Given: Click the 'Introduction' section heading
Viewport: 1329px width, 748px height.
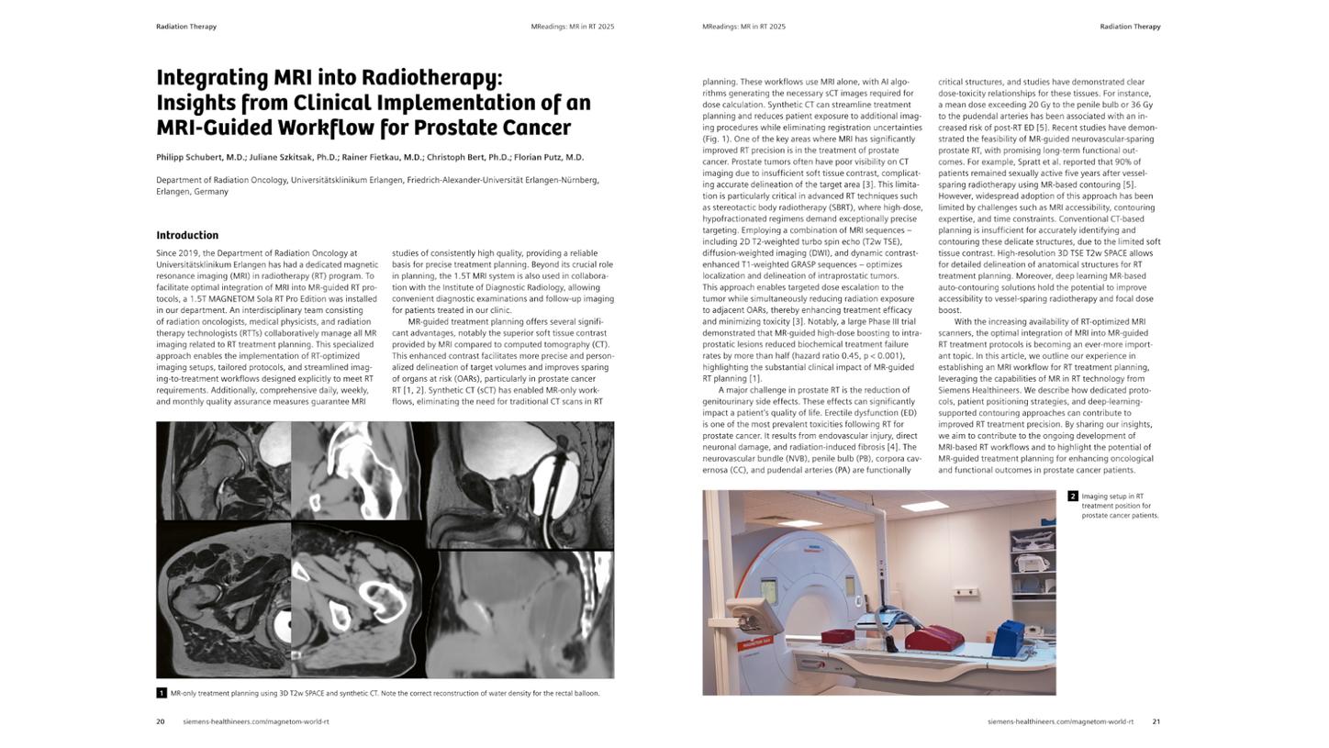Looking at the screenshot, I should pyautogui.click(x=186, y=235).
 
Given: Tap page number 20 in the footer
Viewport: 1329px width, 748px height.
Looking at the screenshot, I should pyautogui.click(x=160, y=721).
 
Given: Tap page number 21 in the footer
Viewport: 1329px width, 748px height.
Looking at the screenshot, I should pyautogui.click(x=1156, y=721).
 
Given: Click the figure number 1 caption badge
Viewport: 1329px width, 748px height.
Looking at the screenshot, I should pyautogui.click(x=162, y=693).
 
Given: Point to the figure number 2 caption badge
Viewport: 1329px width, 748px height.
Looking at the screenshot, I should pyautogui.click(x=1072, y=497).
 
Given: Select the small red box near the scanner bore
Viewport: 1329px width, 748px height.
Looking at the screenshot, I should pyautogui.click(x=837, y=636).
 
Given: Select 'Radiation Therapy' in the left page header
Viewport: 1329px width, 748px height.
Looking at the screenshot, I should pyautogui.click(x=186, y=27).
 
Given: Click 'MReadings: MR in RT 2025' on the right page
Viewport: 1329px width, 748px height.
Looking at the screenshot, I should pyautogui.click(x=743, y=27).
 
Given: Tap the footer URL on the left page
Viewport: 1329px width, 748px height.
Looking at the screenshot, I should pyautogui.click(x=255, y=721).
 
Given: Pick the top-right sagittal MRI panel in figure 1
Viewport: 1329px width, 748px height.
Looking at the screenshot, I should pyautogui.click(x=519, y=484).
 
